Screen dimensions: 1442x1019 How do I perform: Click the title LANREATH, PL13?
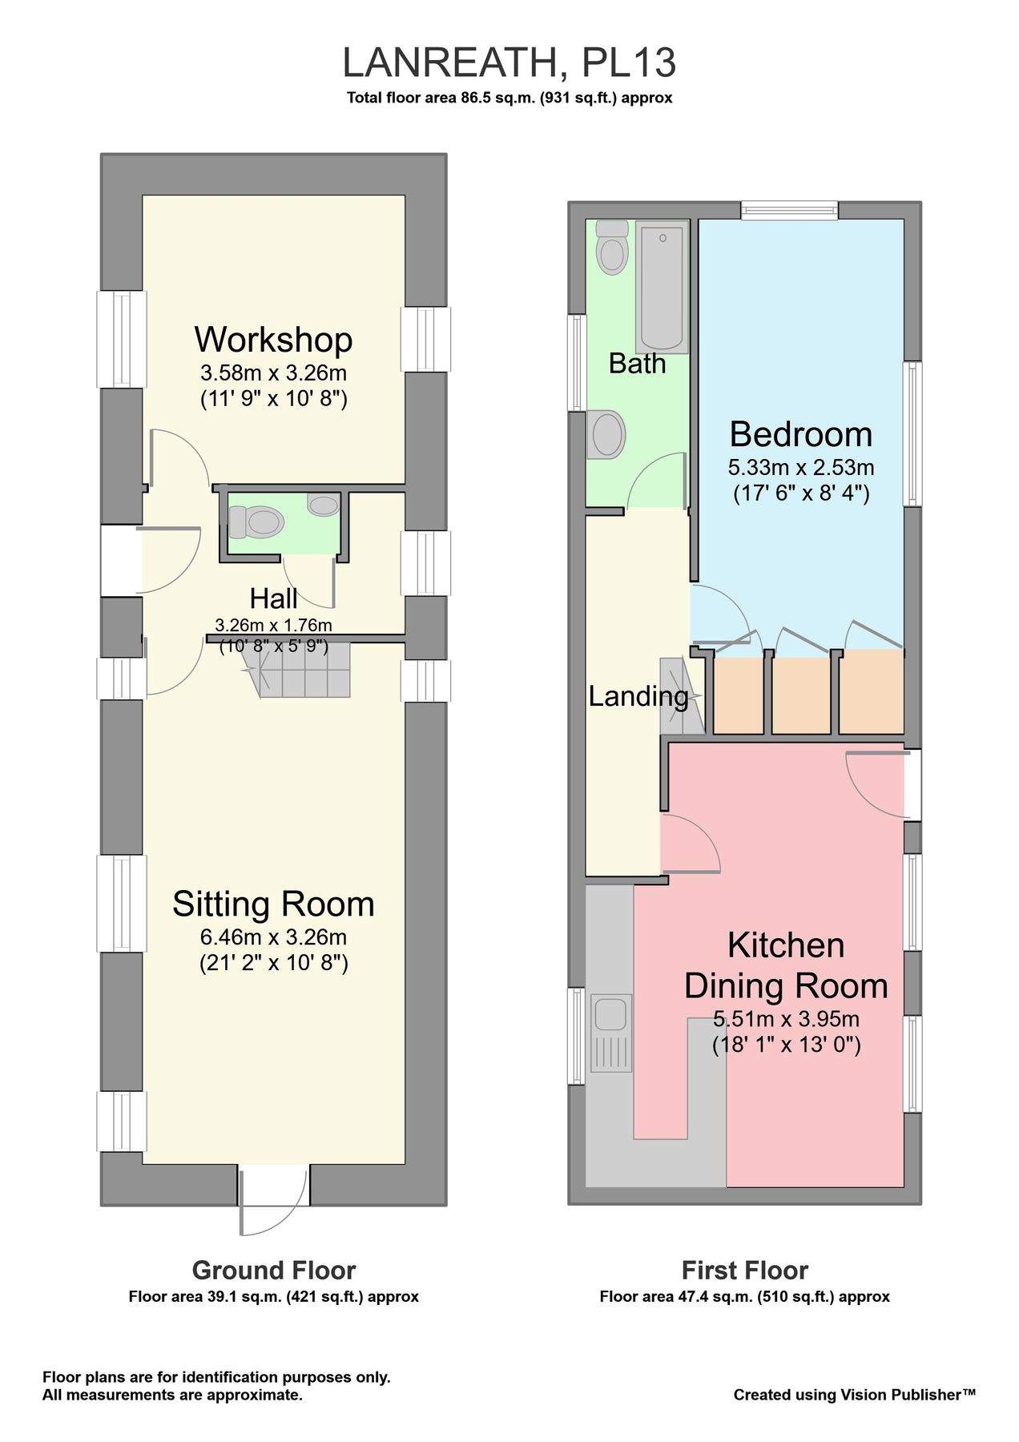[x=509, y=63]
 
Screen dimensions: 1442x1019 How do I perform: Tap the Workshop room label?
[x=273, y=340]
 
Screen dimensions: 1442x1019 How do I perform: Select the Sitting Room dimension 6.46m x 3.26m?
[x=273, y=936]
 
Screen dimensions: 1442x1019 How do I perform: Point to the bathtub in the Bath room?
[x=662, y=287]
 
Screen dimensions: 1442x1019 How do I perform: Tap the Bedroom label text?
[x=800, y=434]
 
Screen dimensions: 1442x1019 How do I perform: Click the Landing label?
[x=638, y=696]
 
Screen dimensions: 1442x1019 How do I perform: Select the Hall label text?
[x=273, y=598]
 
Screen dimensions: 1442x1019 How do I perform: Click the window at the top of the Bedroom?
[x=789, y=211]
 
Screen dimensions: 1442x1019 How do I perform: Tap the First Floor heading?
[x=744, y=1271]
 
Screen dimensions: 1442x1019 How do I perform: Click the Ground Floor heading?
[x=273, y=1271]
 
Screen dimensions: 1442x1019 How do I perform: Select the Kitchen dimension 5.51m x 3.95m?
[x=786, y=1019]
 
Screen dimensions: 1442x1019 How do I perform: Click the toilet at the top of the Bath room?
[x=613, y=248]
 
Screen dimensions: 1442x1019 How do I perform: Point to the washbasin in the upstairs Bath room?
[x=606, y=435]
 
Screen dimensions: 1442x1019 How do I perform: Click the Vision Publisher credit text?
[x=854, y=1395]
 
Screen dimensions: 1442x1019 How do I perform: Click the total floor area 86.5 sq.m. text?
[x=509, y=99]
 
